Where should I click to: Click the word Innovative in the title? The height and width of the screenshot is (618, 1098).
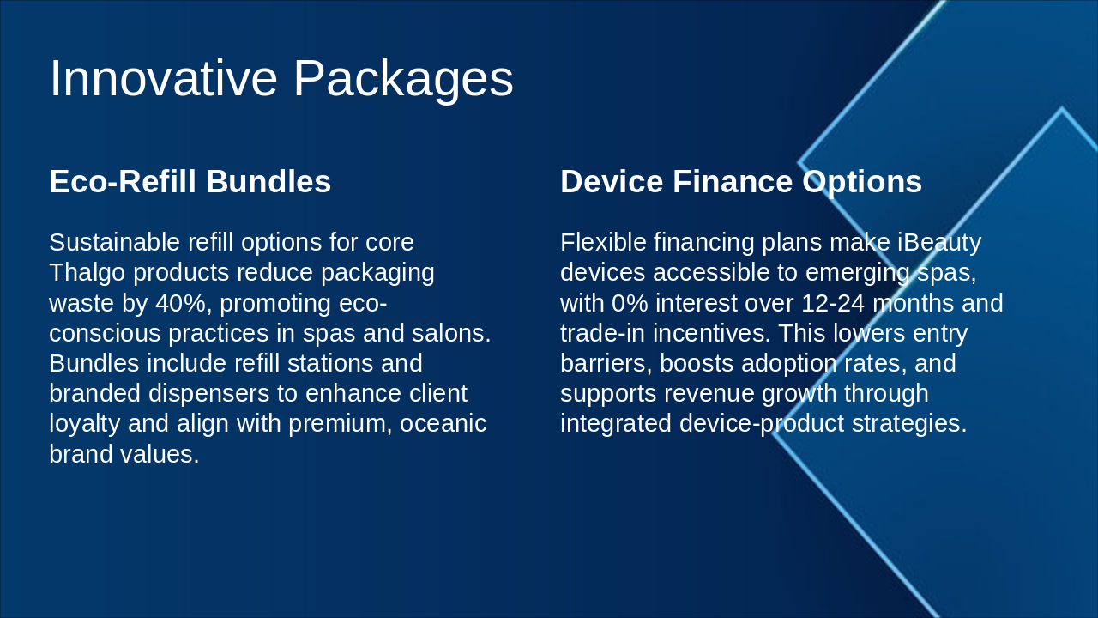(x=164, y=78)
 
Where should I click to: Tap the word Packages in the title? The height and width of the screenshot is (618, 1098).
(x=403, y=81)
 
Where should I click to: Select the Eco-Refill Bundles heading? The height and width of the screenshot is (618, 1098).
(x=190, y=181)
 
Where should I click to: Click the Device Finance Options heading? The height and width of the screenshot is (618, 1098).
(x=741, y=182)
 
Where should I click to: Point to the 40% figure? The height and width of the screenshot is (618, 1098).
(x=180, y=303)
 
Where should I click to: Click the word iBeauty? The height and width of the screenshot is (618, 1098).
(x=939, y=243)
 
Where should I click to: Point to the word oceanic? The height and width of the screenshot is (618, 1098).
(x=443, y=424)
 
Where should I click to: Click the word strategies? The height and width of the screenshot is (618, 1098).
(x=909, y=424)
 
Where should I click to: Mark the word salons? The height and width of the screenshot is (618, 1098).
(x=451, y=333)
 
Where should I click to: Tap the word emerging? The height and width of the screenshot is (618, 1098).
(x=857, y=273)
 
